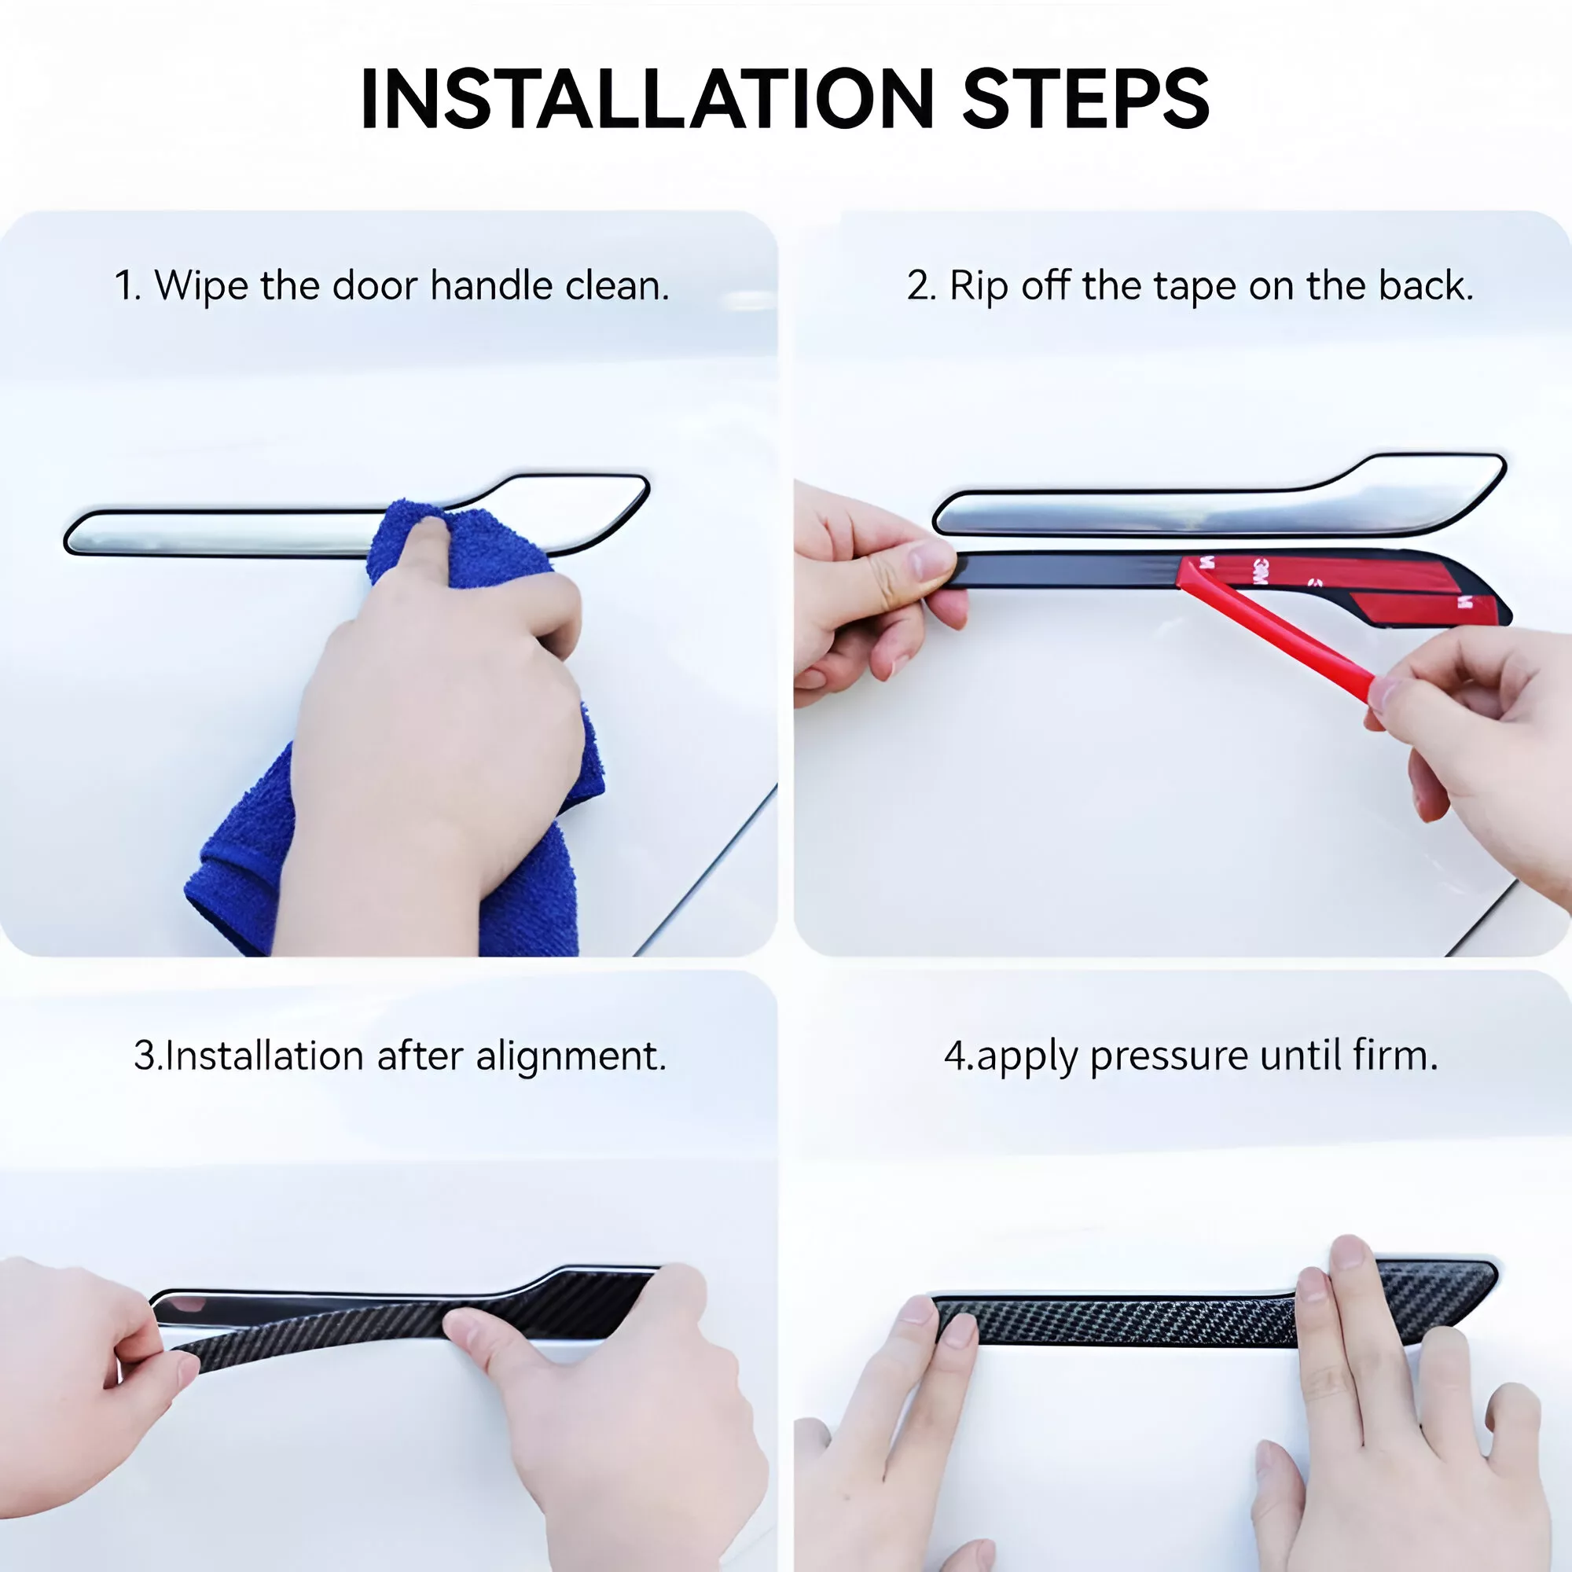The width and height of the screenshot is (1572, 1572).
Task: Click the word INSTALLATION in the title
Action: click(648, 98)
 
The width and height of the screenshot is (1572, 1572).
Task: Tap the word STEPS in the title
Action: click(1085, 98)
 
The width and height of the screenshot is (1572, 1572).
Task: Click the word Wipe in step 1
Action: click(201, 286)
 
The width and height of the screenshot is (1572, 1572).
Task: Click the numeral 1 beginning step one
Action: click(124, 286)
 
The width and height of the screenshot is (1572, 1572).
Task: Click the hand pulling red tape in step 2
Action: click(1473, 733)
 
